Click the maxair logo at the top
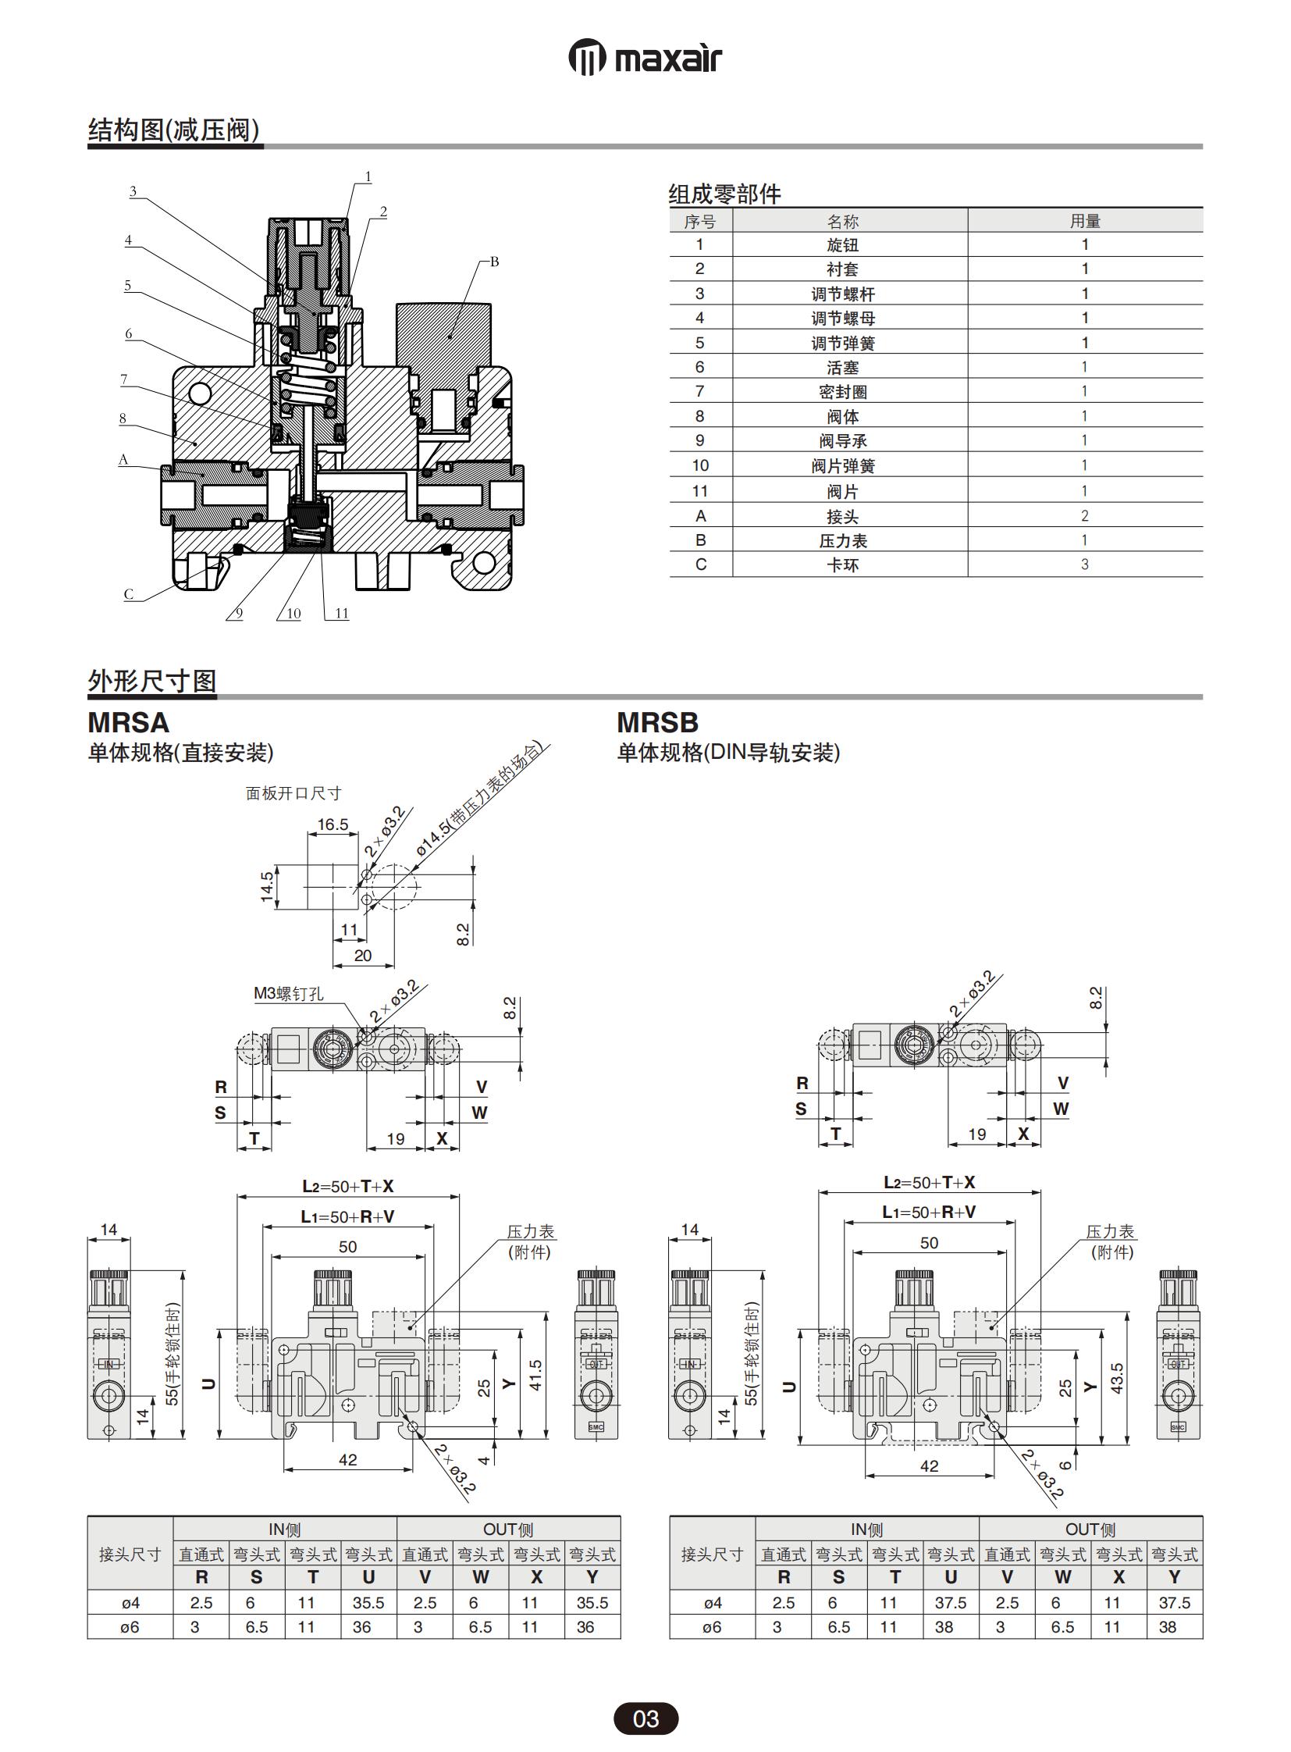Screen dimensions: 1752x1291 tap(645, 59)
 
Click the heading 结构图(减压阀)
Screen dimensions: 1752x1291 tap(173, 130)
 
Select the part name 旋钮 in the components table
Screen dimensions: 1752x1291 tap(842, 244)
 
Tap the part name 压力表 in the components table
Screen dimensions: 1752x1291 tap(842, 540)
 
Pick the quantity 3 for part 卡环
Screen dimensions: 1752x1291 tap(1084, 564)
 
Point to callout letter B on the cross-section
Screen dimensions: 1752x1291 tap(494, 262)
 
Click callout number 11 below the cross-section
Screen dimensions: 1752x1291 tap(342, 614)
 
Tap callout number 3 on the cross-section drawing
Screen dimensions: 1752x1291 tap(133, 191)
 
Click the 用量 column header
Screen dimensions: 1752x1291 tap(1085, 221)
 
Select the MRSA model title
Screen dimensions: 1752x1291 tap(128, 722)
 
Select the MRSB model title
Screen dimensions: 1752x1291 tap(657, 722)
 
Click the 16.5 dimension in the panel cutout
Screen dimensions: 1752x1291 tap(333, 824)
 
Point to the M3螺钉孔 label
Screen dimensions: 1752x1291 tap(288, 994)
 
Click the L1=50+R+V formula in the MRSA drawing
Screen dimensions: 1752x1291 tap(348, 1216)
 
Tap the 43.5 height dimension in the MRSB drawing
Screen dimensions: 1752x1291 tap(1117, 1378)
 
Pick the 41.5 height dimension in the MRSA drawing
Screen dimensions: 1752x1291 tap(535, 1376)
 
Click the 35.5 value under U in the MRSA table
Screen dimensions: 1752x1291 tap(368, 1603)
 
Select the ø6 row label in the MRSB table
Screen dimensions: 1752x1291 tap(712, 1627)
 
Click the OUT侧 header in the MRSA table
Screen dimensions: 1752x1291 tap(508, 1529)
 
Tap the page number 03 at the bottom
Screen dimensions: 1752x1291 tap(645, 1719)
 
